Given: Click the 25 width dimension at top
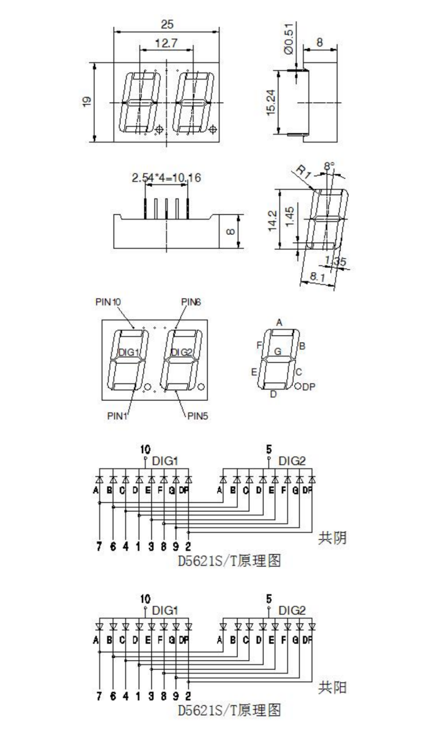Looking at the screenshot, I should point(167,24).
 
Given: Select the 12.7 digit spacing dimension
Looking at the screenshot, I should point(166,43).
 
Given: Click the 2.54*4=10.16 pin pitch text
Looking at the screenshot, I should point(166,178).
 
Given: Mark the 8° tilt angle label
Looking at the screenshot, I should point(329,166).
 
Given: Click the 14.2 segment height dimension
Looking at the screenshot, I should point(272,220).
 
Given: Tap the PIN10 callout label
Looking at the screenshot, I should point(108,302).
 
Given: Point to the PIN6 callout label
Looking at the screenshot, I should point(190,302).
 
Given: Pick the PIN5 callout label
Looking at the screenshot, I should point(198,415).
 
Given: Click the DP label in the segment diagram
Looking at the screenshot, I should point(308,386).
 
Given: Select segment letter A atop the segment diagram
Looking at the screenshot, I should point(279,322).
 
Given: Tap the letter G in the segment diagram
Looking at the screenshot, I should point(278,352).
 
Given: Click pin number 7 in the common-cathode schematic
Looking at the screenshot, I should point(99,546).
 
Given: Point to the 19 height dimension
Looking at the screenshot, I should point(87,101).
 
